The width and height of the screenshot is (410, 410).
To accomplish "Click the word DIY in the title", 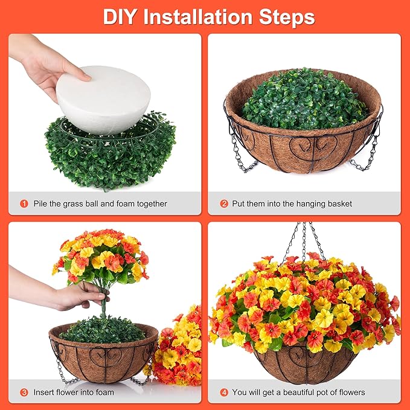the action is [x=120, y=17].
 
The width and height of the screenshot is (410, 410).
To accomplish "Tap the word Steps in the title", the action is [x=287, y=18].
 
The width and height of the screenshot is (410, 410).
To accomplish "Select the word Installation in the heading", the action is [x=198, y=17].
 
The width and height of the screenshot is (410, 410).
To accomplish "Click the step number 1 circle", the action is [x=24, y=203].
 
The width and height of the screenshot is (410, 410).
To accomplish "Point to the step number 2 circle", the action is [x=224, y=203].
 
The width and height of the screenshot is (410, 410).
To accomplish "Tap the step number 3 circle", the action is [x=24, y=392].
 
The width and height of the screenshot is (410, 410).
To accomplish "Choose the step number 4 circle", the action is [x=224, y=392].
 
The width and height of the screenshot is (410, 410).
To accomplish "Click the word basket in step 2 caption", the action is [x=339, y=203].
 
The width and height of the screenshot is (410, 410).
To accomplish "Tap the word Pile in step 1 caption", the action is [x=40, y=203].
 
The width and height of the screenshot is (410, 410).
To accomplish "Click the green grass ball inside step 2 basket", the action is [x=304, y=100].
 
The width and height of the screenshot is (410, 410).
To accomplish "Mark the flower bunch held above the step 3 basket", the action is [x=101, y=258].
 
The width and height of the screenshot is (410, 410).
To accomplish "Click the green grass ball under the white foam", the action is [x=110, y=154].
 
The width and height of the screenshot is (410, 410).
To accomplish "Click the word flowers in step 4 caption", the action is [x=351, y=392].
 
